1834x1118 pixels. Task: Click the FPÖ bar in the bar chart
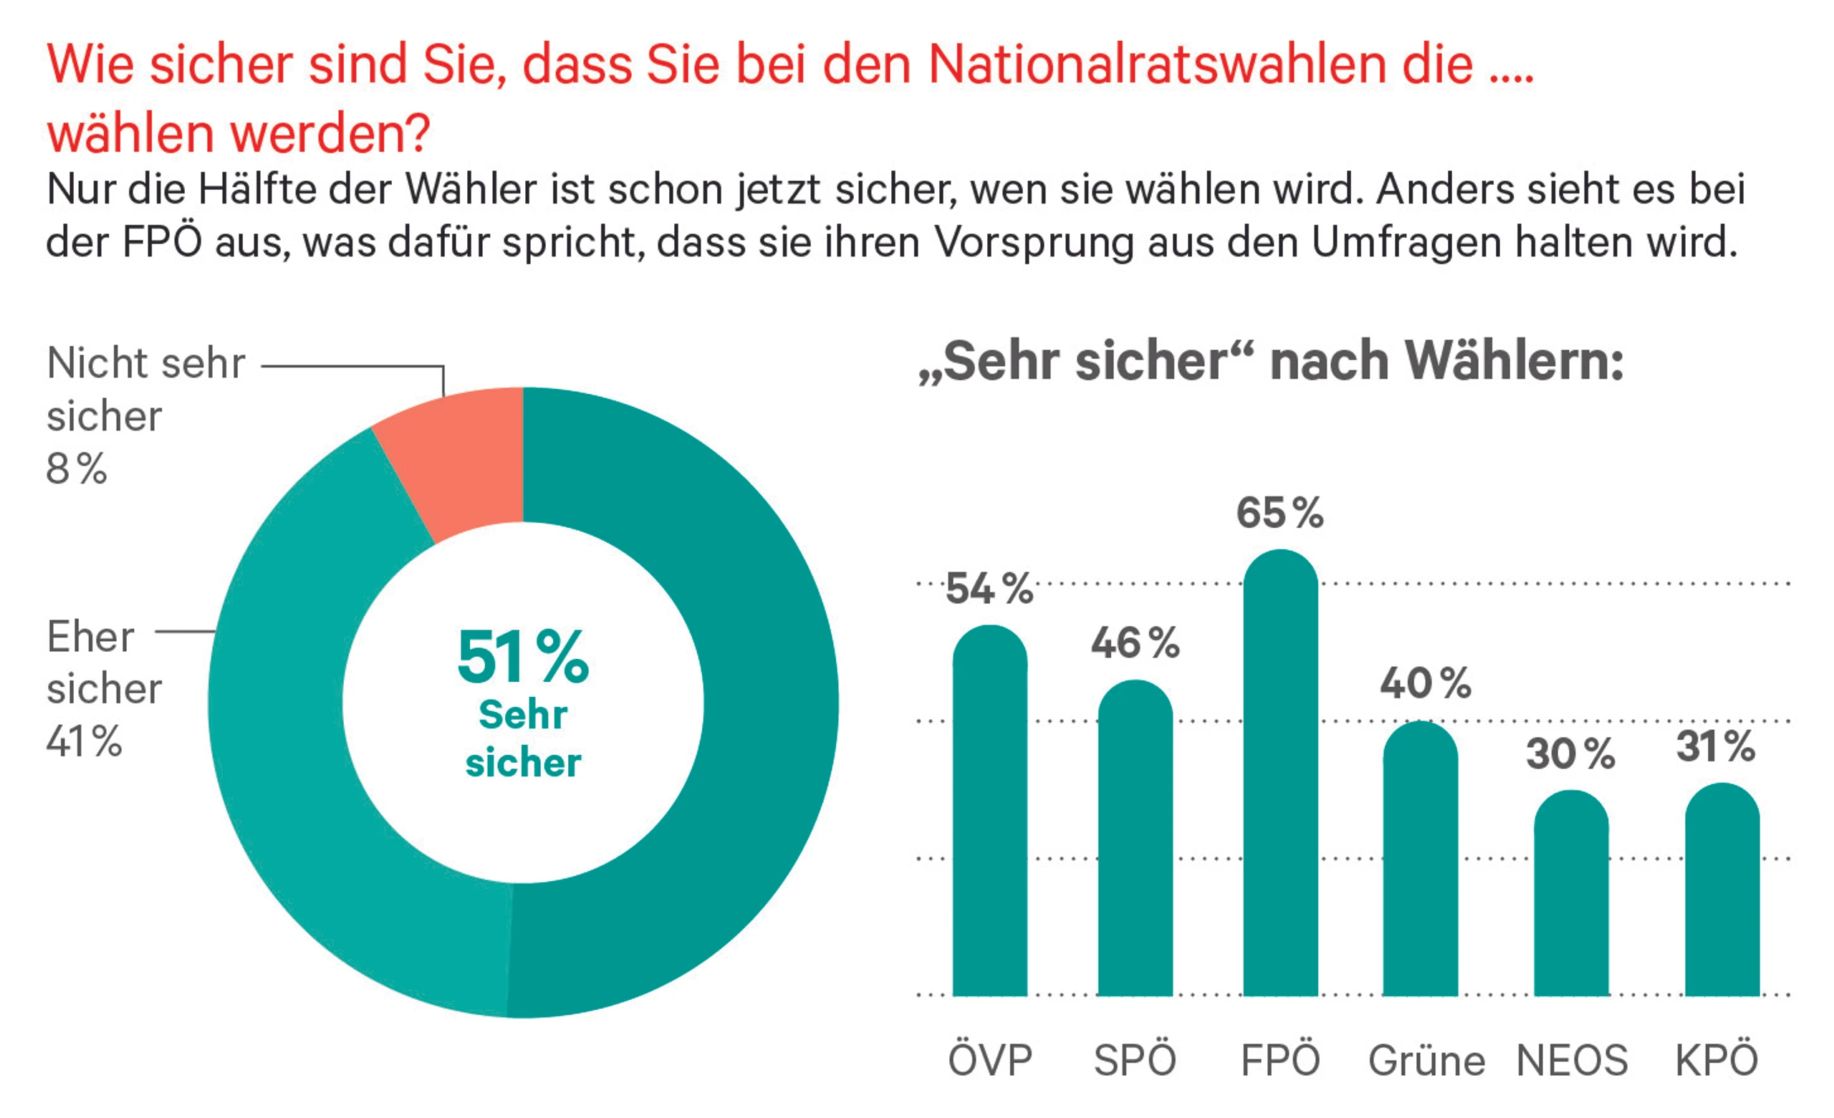(x=1280, y=774)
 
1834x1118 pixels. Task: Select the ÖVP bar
(x=990, y=811)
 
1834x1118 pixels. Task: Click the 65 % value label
(x=1280, y=514)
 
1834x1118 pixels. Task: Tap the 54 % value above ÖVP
(x=989, y=589)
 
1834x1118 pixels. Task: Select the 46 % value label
(x=1135, y=643)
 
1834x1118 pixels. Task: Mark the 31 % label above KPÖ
(x=1716, y=746)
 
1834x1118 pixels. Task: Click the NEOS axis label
(x=1572, y=1060)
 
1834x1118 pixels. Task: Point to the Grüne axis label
(x=1427, y=1060)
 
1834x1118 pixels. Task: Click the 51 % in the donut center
(x=522, y=657)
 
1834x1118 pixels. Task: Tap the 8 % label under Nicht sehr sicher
(x=77, y=469)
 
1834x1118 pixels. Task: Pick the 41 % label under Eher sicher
(x=84, y=741)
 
